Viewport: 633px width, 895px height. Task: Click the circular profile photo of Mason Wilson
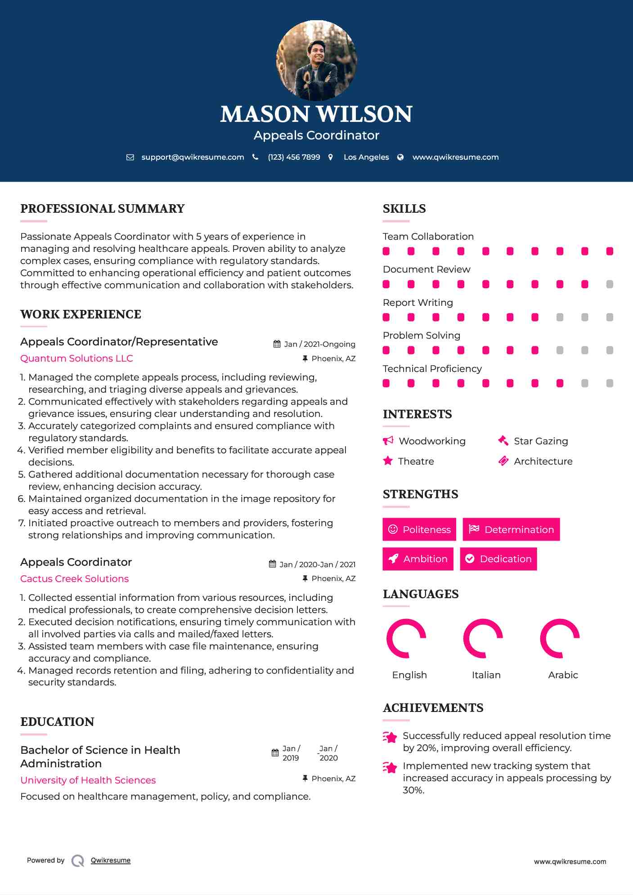point(316,60)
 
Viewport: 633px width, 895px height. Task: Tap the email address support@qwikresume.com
point(193,157)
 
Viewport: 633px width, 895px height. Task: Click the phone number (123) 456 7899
point(294,157)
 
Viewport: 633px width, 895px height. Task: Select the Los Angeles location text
point(366,157)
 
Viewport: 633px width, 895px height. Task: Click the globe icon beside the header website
point(400,157)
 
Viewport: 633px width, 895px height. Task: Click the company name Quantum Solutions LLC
point(76,358)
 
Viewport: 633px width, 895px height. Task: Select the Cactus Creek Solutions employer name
point(74,579)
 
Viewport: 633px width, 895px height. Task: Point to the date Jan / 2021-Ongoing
point(319,344)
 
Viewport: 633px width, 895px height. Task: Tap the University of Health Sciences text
point(88,780)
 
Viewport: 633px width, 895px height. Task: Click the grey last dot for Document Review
point(610,284)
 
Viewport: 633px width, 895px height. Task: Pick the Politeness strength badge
point(419,529)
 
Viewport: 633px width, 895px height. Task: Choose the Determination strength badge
point(511,529)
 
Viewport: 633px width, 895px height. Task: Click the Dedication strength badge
point(498,559)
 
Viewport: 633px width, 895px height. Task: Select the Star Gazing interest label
point(541,441)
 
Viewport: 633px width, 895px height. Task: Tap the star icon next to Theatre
point(388,461)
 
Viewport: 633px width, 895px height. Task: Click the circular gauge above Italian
point(483,638)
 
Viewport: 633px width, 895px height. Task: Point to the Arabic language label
point(563,675)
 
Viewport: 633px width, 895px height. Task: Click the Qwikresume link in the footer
point(111,860)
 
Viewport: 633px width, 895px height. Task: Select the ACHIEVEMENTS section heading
point(433,708)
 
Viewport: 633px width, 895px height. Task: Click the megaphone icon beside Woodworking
point(388,440)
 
